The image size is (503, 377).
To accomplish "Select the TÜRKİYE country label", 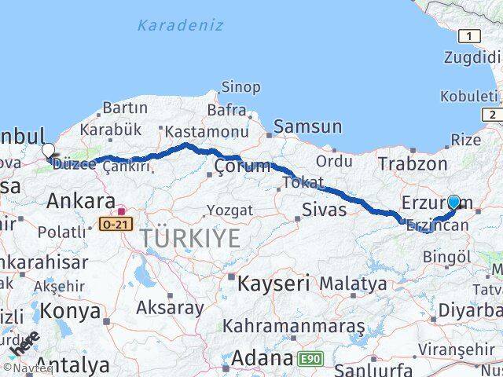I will [191, 238].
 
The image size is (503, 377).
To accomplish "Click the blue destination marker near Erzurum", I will [453, 202].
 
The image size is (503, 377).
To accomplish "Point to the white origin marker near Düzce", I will [49, 150].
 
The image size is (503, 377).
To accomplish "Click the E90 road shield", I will [310, 359].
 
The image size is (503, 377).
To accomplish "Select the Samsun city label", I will [307, 126].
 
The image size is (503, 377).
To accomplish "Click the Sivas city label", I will [324, 209].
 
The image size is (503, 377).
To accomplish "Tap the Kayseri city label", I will [274, 281].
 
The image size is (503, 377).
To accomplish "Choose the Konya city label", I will [70, 311].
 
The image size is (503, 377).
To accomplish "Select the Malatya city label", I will [354, 283].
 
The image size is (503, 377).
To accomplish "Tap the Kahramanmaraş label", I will [294, 324].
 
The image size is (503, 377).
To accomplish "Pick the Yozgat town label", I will [229, 210].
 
